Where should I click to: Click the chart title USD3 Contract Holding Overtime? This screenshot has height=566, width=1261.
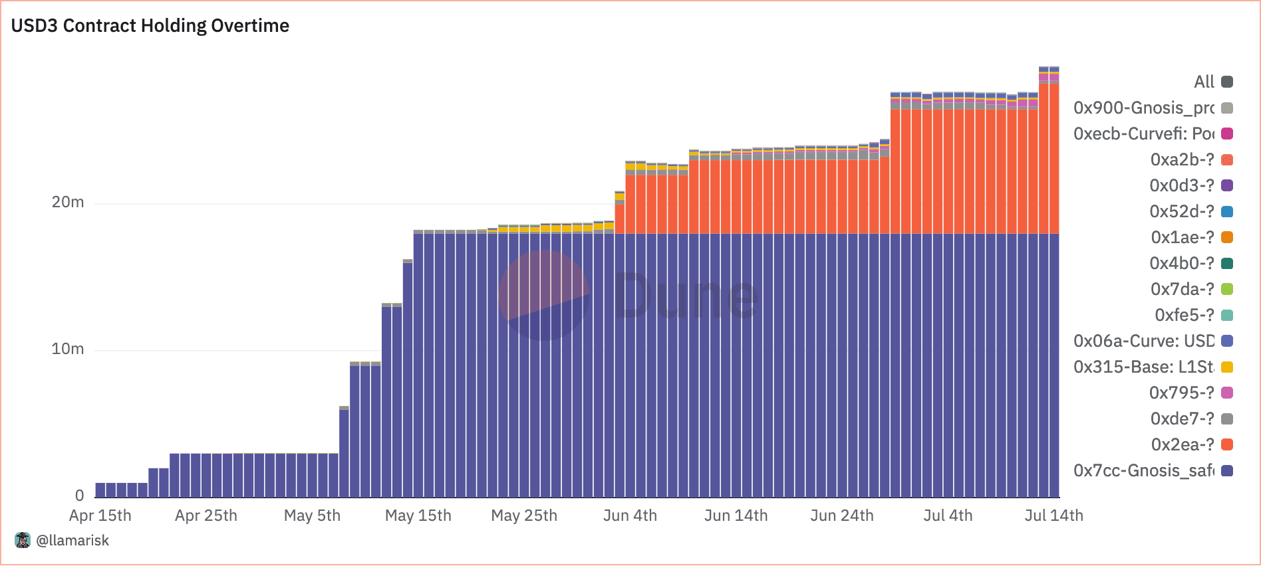click(x=150, y=26)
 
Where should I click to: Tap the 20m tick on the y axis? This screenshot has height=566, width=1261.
click(x=68, y=203)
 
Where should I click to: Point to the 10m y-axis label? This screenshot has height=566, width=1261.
click(x=68, y=349)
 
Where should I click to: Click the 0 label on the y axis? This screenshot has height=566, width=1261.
click(x=80, y=496)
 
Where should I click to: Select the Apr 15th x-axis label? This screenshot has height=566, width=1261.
click(x=100, y=516)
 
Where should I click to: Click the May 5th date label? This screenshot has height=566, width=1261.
click(x=312, y=516)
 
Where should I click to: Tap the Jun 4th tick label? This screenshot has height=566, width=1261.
click(x=630, y=516)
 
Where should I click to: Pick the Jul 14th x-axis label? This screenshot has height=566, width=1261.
click(x=1053, y=516)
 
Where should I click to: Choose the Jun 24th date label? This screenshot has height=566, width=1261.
click(x=842, y=516)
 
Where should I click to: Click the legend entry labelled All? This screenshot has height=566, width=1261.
click(x=1204, y=82)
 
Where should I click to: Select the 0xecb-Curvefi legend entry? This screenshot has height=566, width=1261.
click(x=1144, y=134)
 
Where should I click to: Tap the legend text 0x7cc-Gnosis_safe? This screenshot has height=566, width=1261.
click(x=1144, y=470)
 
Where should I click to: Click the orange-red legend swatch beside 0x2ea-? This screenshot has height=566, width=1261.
click(x=1227, y=444)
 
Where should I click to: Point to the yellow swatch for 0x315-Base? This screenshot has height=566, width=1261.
click(x=1227, y=367)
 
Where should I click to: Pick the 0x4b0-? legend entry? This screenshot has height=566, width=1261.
click(x=1182, y=263)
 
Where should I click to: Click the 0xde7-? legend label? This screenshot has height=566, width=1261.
click(x=1182, y=419)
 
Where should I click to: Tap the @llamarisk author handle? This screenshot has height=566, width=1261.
click(x=72, y=541)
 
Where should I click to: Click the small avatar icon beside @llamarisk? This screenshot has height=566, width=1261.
click(x=23, y=540)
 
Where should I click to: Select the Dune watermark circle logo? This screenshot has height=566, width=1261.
click(x=544, y=295)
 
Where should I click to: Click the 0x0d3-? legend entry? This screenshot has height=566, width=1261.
click(x=1182, y=185)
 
